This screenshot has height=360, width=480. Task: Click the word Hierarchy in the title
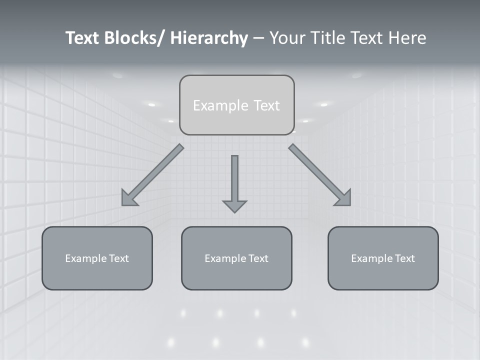pyautogui.click(x=209, y=38)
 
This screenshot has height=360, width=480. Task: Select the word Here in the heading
pyautogui.click(x=407, y=38)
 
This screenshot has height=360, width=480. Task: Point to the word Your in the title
pyautogui.click(x=287, y=38)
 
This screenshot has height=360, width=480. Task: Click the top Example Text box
pyautogui.click(x=236, y=105)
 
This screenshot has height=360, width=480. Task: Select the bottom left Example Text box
pyautogui.click(x=97, y=258)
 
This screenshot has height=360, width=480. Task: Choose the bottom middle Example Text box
pyautogui.click(x=236, y=258)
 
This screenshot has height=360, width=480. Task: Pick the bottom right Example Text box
pyautogui.click(x=383, y=258)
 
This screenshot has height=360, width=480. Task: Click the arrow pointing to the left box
pyautogui.click(x=152, y=175)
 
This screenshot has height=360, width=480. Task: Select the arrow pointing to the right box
pyautogui.click(x=320, y=175)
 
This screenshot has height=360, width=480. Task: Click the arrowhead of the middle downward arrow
pyautogui.click(x=234, y=205)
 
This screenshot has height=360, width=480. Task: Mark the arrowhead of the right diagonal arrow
pyautogui.click(x=343, y=198)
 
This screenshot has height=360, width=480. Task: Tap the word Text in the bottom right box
pyautogui.click(x=404, y=258)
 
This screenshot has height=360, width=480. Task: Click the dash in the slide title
pyautogui.click(x=258, y=38)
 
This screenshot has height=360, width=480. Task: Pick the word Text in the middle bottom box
pyautogui.click(x=258, y=258)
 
